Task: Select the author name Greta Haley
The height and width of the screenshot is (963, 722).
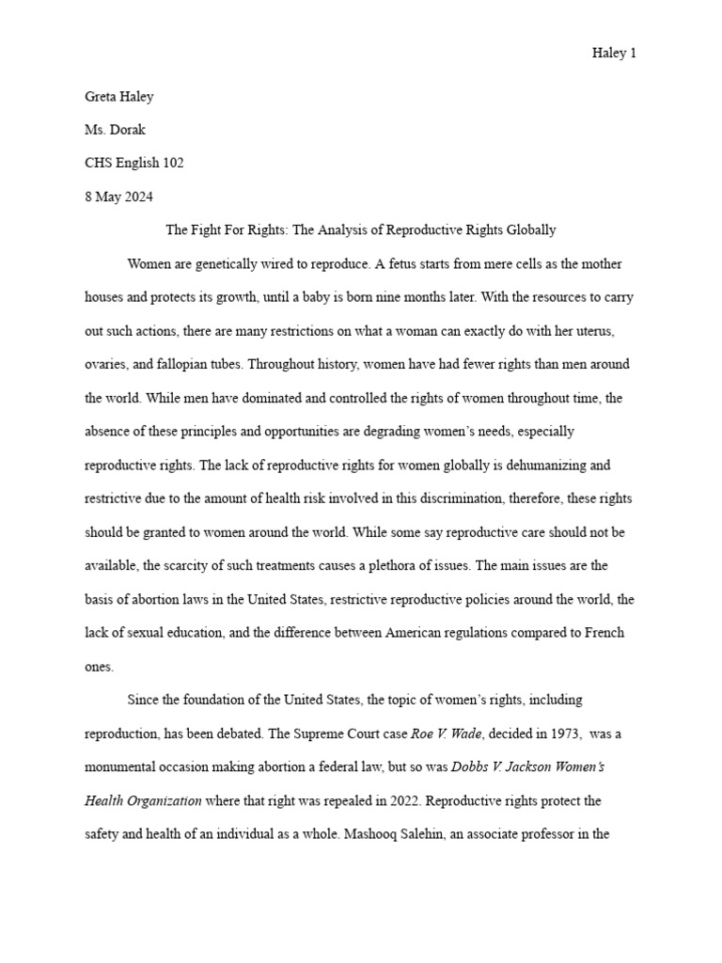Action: (119, 95)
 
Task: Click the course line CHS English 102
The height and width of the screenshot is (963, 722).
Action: (134, 163)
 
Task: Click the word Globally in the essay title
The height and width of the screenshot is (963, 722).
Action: (529, 230)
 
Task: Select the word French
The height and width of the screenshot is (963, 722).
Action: (603, 633)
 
